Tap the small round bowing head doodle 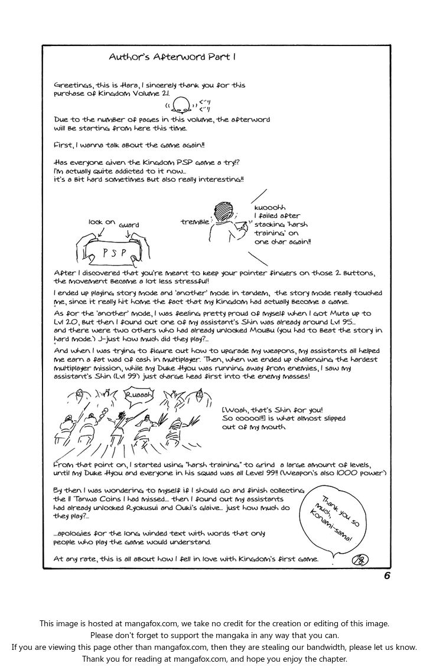pyautogui.click(x=183, y=104)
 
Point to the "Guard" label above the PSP pyautogui.click(x=129, y=225)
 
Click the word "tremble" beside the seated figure pyautogui.click(x=194, y=221)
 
